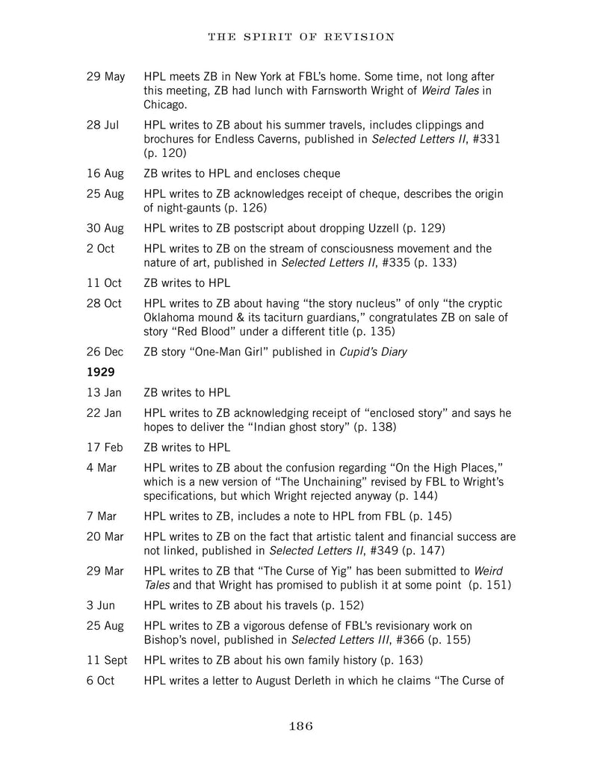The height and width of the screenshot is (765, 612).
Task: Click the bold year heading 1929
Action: point(99,372)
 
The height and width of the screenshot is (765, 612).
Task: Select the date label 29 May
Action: point(105,77)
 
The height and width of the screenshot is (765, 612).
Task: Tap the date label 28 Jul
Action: point(102,126)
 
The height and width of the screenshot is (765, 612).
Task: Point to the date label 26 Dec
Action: point(104,352)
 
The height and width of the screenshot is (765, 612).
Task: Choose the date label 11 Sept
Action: point(107,660)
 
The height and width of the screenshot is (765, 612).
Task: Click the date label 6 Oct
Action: point(100,681)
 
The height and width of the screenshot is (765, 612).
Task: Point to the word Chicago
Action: point(166,105)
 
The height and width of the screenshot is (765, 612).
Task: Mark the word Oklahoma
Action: point(171,318)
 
